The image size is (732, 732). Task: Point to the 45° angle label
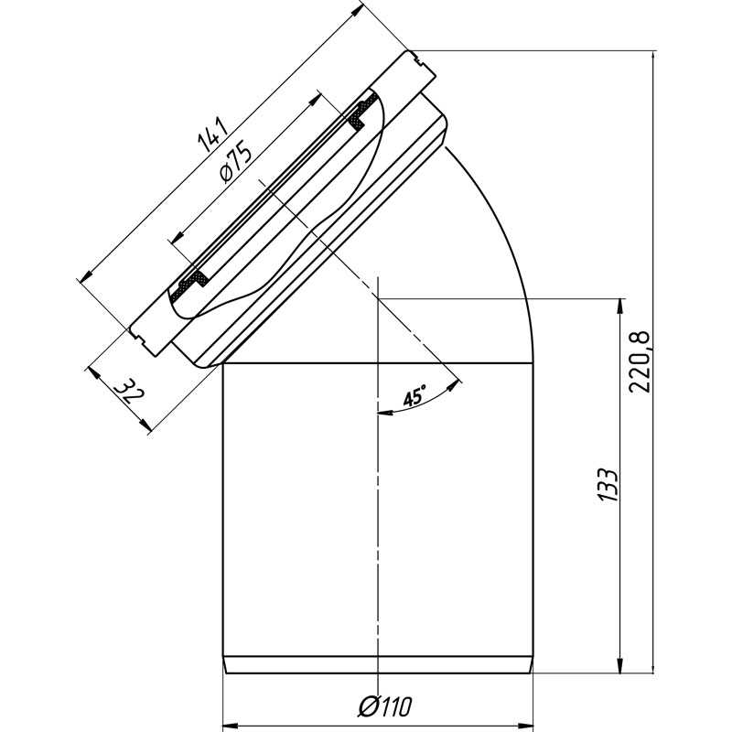click(x=414, y=396)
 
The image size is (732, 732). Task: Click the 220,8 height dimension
click(x=639, y=361)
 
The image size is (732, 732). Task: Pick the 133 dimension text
click(x=608, y=485)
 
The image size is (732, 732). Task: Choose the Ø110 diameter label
click(x=385, y=706)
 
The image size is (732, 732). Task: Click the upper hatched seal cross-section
click(x=361, y=113)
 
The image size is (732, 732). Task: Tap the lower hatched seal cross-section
click(x=189, y=285)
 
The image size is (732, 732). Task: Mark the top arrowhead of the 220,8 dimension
click(x=652, y=59)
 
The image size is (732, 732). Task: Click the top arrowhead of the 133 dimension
click(x=621, y=307)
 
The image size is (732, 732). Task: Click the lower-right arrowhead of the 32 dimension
click(x=145, y=424)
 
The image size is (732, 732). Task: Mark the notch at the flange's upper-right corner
click(x=418, y=59)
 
